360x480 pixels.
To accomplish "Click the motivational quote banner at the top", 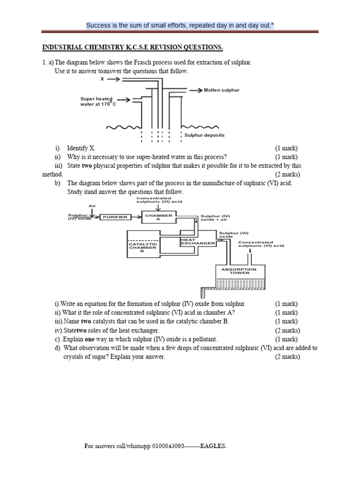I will coord(180,25).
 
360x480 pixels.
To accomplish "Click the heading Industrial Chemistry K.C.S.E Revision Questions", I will coord(133,48).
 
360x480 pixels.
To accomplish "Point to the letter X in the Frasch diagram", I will coord(102,80).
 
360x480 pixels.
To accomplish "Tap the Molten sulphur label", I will coord(221,90).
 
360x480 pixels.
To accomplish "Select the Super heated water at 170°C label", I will coord(97,102).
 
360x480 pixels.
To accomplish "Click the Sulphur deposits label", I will coord(204,135).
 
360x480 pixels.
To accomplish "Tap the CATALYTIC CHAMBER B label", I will coord(142,247).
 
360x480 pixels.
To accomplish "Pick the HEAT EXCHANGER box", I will coord(197,241).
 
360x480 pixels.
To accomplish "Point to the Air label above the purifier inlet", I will coord(92,206).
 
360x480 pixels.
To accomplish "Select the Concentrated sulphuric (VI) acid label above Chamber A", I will coord(159,200).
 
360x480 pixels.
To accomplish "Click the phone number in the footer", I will coord(172,446).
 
